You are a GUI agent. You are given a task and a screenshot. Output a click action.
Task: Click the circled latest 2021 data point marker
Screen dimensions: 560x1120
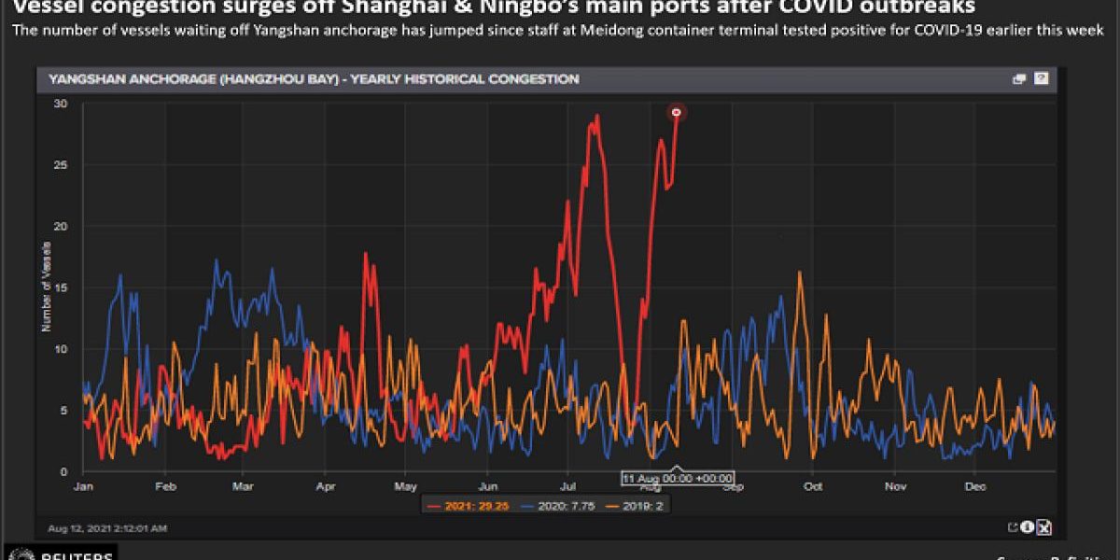click(677, 113)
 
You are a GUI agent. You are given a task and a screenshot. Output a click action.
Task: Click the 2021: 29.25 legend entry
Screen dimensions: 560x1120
click(467, 505)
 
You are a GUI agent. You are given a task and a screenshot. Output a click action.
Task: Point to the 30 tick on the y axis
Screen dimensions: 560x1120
click(61, 104)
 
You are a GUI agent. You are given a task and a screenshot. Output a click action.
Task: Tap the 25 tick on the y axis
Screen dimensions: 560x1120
click(61, 165)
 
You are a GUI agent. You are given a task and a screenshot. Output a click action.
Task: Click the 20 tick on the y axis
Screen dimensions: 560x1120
click(61, 227)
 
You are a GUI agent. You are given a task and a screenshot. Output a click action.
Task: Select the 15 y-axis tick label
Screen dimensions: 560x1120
click(61, 288)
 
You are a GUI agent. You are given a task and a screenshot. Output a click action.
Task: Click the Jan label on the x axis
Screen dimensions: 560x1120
click(83, 486)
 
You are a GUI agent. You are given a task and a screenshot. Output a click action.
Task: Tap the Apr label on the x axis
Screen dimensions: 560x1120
click(326, 486)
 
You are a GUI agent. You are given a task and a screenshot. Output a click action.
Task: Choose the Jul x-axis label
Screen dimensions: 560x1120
click(567, 486)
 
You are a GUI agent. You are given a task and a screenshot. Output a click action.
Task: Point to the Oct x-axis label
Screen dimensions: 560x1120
click(813, 486)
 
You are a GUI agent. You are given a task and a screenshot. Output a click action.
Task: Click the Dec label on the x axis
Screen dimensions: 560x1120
click(975, 486)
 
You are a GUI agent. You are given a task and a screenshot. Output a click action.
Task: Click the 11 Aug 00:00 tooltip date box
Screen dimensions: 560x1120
click(678, 478)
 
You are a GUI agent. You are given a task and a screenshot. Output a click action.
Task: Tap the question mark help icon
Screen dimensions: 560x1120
click(1041, 79)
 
